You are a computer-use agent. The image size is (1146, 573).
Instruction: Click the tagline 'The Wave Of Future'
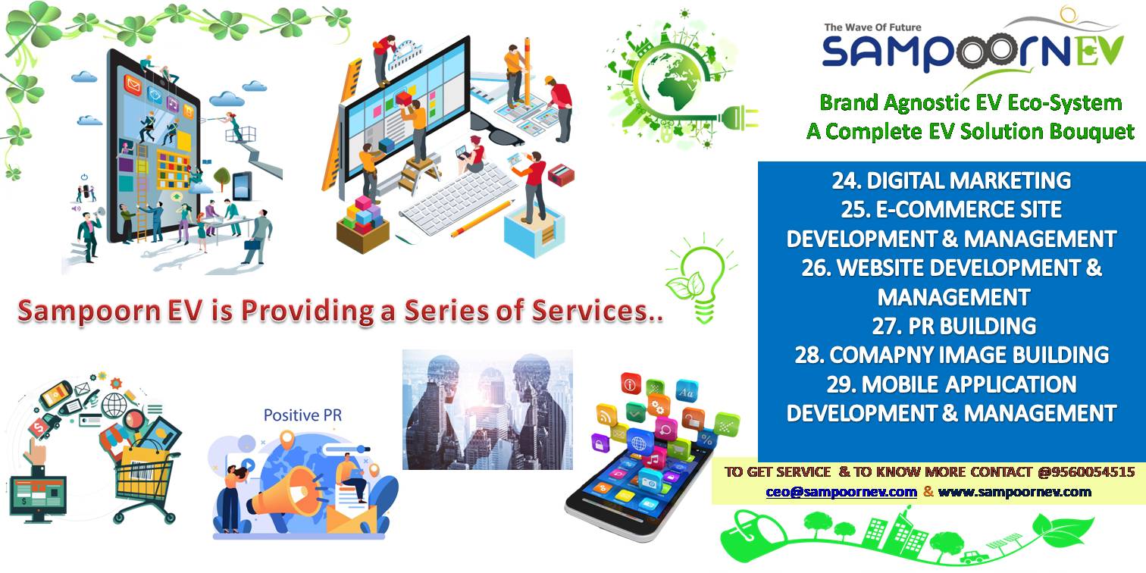872,27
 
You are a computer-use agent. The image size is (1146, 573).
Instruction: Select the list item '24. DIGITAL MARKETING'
951,180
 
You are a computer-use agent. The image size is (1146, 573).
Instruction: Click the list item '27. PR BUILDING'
954,326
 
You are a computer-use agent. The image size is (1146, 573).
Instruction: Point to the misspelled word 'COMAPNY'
875,355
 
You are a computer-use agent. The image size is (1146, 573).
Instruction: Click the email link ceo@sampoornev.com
841,492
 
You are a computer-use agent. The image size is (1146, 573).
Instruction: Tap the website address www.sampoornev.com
1015,492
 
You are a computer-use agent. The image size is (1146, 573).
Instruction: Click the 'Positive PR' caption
302,415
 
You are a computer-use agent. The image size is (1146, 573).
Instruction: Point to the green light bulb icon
701,279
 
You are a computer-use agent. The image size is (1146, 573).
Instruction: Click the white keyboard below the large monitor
459,199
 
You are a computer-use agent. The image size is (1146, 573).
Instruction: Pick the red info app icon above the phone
631,384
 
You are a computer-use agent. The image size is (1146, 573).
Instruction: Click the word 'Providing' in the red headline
308,311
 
